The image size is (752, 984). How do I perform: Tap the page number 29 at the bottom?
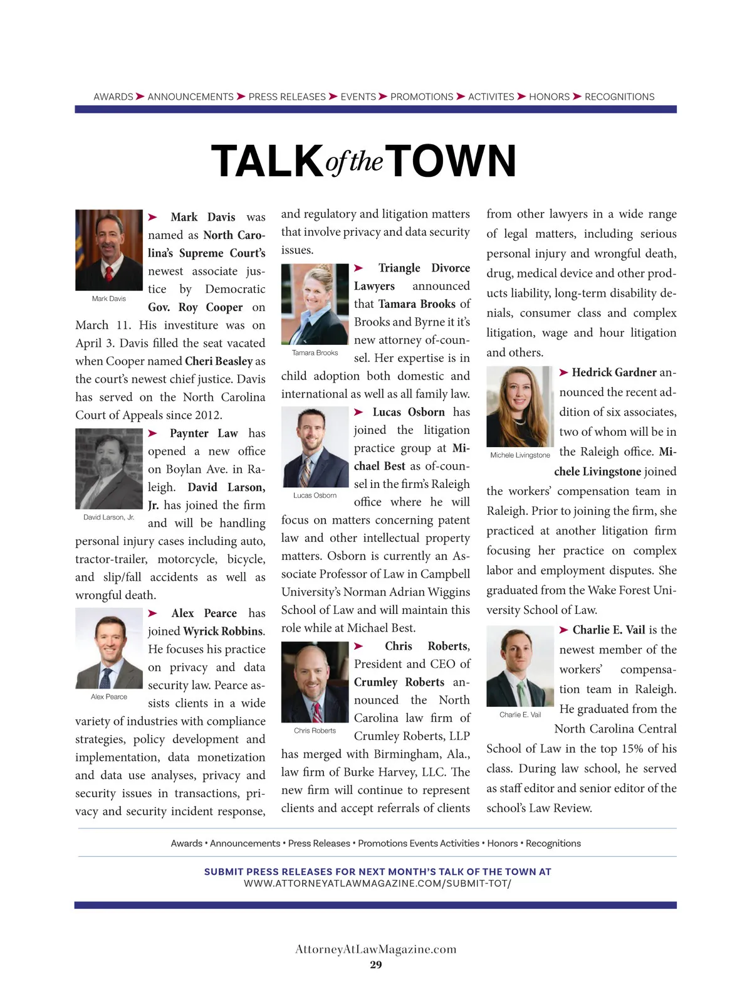pos(376,965)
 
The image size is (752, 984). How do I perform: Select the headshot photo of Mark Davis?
pos(109,250)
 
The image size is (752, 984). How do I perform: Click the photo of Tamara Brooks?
pos(315,304)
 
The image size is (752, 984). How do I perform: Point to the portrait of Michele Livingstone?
pos(520,406)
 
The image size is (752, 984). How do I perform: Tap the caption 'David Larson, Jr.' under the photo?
pos(109,517)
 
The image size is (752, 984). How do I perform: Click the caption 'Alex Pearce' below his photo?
pos(109,697)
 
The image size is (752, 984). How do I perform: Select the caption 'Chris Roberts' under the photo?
pos(315,731)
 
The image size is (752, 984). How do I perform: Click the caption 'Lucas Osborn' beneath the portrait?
pos(315,495)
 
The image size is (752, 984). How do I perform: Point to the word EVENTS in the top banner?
pos(358,97)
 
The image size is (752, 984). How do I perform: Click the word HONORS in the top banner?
pos(549,97)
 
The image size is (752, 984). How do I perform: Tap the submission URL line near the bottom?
pos(377,883)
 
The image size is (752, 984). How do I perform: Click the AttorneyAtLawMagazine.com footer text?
pos(376,949)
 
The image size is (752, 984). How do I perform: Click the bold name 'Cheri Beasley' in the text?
pos(219,361)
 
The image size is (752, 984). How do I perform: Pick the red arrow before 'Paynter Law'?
pos(153,433)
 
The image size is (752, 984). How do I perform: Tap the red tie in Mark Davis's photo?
pos(109,273)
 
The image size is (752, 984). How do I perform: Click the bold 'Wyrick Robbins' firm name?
pos(223,632)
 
